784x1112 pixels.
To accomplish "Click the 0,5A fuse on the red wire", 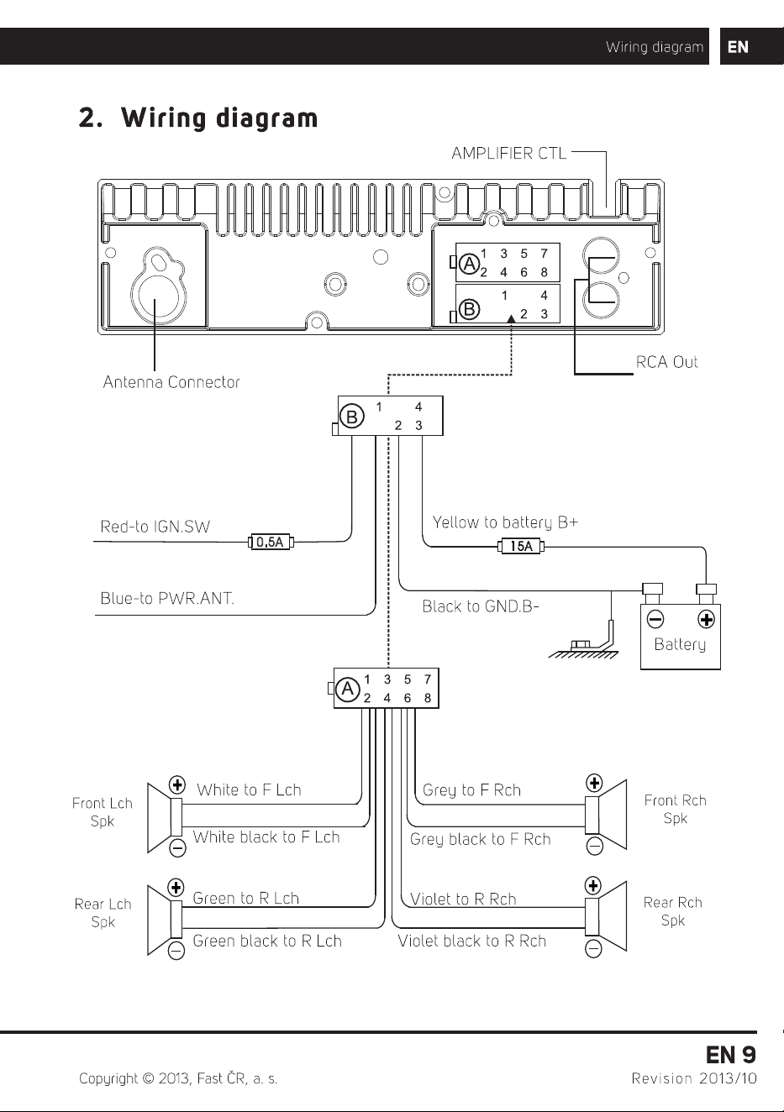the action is pos(271,542).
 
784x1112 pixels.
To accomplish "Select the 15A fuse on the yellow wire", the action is pos(521,547).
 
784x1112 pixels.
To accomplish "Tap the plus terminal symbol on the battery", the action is pos(706,619).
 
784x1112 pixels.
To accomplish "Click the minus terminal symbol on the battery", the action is pos(655,619).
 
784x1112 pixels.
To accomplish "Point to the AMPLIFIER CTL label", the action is pos(508,154).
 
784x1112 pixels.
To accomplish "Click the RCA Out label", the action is pos(666,362).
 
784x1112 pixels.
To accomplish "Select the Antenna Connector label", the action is pos(171,382).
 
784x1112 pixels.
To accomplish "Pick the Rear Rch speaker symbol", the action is pos(605,915).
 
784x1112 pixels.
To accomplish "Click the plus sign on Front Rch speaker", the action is pos(594,783).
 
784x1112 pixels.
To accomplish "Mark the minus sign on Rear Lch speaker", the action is pos(176,951).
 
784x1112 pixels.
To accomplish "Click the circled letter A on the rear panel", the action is pos(469,264).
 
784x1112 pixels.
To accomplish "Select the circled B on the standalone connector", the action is pos(352,416).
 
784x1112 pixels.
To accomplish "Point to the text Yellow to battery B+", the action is pos(505,522).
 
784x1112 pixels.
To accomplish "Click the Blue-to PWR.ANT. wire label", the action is pos(167,598).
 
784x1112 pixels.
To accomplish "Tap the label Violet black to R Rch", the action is pos(472,941).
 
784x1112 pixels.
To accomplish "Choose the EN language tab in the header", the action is pos(738,47).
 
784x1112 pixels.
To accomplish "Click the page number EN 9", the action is pos(731,1055).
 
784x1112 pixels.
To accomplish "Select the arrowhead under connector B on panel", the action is pos(511,318).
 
